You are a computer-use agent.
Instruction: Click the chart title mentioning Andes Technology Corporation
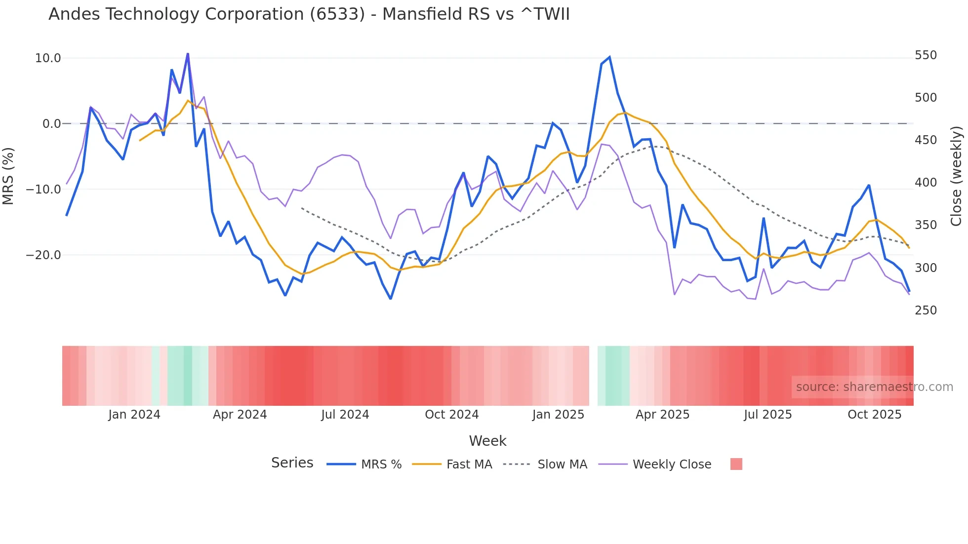(309, 14)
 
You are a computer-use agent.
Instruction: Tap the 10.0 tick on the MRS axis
(48, 58)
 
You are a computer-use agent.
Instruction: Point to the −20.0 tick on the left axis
(43, 255)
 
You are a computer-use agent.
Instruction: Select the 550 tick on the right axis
(926, 55)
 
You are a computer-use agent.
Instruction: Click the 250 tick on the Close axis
(926, 311)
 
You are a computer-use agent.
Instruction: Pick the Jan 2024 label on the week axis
(134, 415)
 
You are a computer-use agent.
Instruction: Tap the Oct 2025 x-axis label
(874, 415)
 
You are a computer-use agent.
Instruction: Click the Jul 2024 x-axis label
(345, 415)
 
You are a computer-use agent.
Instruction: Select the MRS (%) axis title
(8, 176)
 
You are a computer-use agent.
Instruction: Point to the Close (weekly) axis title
(957, 176)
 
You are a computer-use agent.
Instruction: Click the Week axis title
(487, 441)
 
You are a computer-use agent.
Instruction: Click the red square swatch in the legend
(736, 464)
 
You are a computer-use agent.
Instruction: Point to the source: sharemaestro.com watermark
(874, 387)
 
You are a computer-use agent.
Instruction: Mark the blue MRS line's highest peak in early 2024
(188, 54)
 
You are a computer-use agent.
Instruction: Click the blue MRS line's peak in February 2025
(609, 57)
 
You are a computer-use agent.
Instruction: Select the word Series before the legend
(292, 463)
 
